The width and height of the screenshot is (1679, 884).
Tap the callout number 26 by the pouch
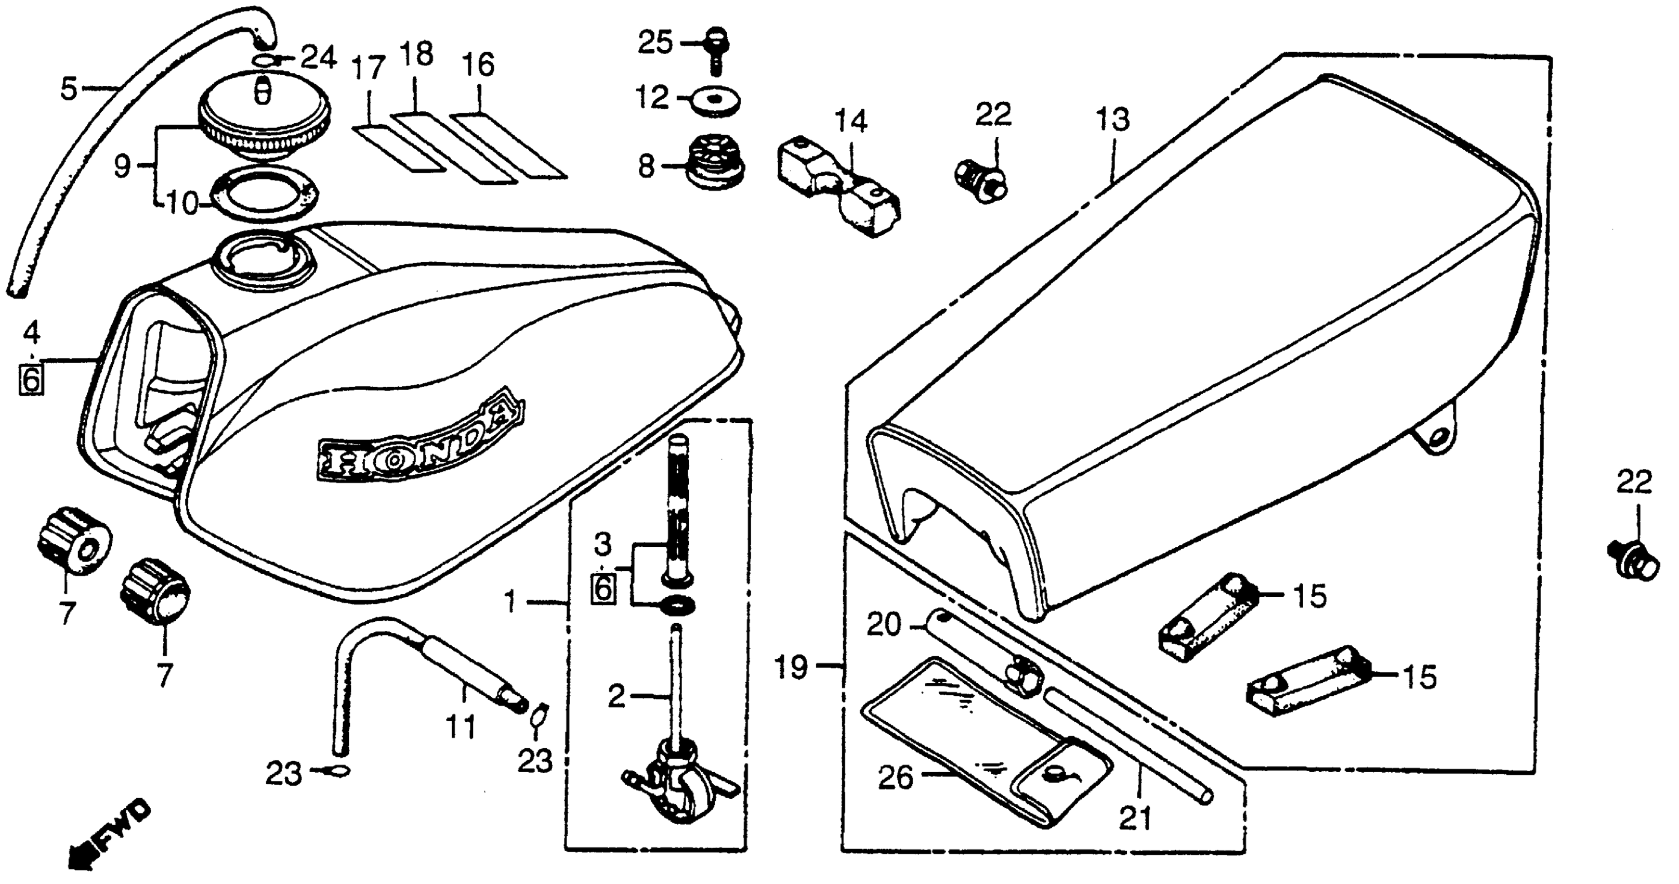click(x=896, y=778)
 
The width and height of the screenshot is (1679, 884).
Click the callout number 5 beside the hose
click(x=69, y=89)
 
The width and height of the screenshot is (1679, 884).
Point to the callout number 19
click(x=791, y=668)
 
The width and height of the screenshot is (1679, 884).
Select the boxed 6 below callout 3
click(x=603, y=588)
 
